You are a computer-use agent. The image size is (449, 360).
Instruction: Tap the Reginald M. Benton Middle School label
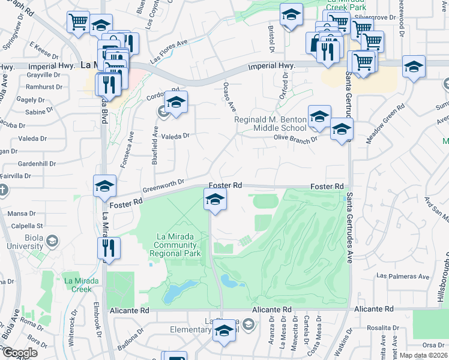click(x=270, y=124)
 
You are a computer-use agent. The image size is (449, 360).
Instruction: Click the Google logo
click(x=20, y=353)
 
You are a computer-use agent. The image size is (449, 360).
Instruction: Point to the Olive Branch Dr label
click(x=295, y=139)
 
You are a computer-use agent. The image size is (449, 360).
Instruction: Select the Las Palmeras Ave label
click(x=403, y=277)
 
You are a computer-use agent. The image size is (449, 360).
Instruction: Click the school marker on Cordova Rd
click(x=175, y=103)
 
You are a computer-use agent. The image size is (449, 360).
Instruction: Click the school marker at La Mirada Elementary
click(x=224, y=331)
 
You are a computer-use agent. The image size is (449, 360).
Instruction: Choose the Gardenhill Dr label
click(x=37, y=163)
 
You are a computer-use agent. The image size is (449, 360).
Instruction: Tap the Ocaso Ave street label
click(x=229, y=97)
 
